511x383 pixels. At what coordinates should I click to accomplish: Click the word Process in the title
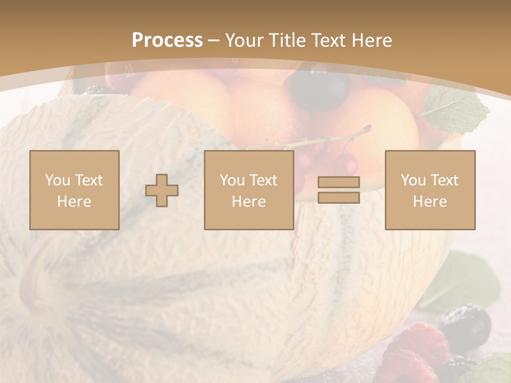click(x=167, y=40)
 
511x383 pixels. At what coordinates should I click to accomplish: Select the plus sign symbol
click(x=162, y=190)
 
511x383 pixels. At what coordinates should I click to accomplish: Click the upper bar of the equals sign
click(x=339, y=182)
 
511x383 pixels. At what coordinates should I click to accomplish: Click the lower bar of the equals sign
click(x=339, y=198)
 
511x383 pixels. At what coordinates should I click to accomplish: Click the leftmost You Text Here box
click(x=74, y=190)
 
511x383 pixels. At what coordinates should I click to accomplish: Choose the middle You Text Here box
click(x=249, y=190)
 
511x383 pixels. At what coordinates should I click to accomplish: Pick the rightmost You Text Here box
click(x=430, y=190)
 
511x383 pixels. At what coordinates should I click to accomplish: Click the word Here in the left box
click(x=74, y=202)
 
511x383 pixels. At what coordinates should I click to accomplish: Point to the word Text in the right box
click(x=444, y=180)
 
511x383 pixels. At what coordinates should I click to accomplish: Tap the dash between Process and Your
click(x=213, y=40)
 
